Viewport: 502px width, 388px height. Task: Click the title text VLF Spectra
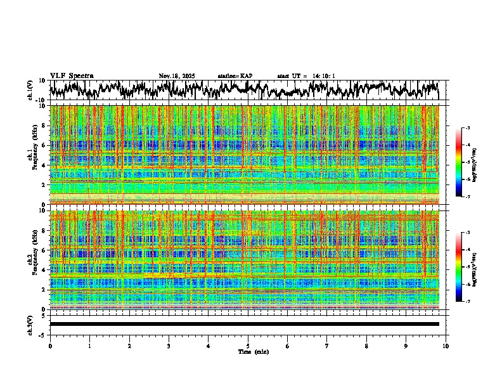(x=72, y=76)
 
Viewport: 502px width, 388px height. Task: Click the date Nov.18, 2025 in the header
(x=177, y=76)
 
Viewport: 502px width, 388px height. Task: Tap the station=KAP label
(x=235, y=76)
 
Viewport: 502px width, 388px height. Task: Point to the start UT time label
(x=306, y=76)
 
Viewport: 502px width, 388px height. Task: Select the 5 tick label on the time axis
(x=248, y=346)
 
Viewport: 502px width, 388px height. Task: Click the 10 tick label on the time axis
(x=446, y=346)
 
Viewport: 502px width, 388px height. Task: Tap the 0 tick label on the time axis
(x=50, y=346)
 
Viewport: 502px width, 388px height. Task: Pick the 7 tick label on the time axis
(x=327, y=346)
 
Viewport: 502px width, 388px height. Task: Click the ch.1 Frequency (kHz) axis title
(x=32, y=155)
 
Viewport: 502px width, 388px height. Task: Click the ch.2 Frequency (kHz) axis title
(x=32, y=259)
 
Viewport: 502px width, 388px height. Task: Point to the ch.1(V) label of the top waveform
(x=30, y=91)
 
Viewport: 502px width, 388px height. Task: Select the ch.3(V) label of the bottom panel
(x=30, y=324)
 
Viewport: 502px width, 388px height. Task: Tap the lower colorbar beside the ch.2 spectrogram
(x=460, y=267)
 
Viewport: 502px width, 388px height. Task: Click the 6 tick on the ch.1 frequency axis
(x=44, y=145)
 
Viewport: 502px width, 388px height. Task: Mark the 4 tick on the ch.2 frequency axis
(x=44, y=269)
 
